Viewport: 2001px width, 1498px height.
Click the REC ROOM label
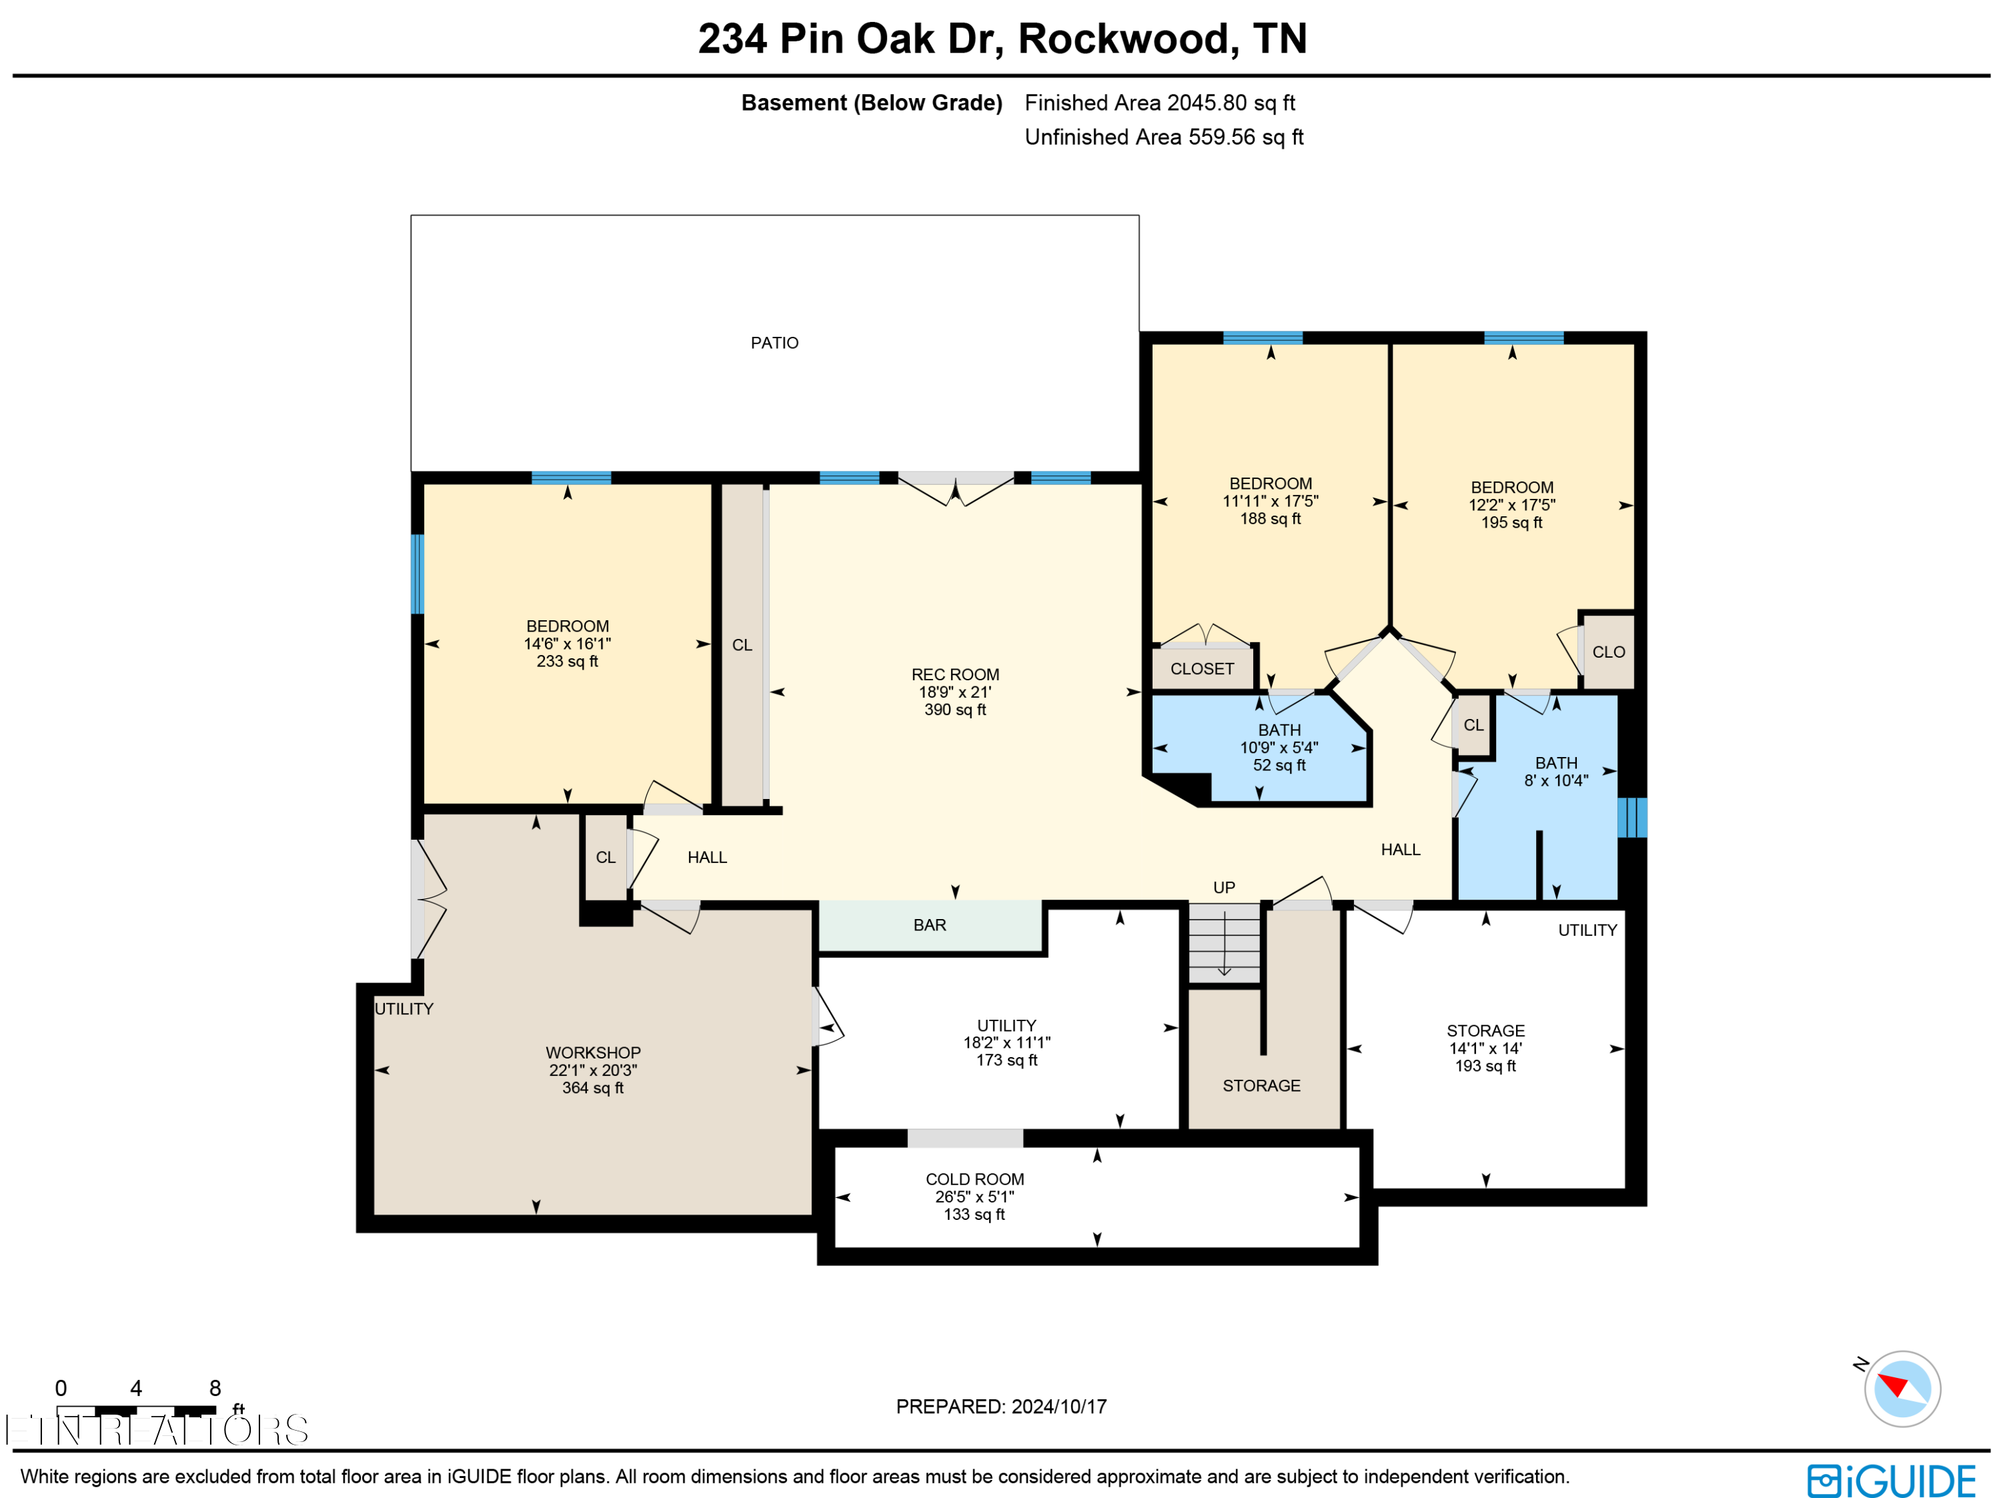954,675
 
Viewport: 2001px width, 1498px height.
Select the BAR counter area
929,925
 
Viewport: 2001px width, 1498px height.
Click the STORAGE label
1261,1086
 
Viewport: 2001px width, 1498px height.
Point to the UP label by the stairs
1223,888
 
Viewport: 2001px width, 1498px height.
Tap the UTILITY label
404,1008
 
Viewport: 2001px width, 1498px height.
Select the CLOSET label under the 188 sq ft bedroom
1201,670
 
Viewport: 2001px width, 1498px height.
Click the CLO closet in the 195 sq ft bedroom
1608,652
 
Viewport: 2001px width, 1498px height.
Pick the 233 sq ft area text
567,661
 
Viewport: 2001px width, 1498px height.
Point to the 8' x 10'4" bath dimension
1556,780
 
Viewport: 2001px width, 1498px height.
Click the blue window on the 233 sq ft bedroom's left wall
417,574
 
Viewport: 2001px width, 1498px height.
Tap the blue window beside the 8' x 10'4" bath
1632,818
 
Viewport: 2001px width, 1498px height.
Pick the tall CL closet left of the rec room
742,645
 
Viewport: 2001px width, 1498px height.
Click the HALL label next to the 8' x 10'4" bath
1399,850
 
